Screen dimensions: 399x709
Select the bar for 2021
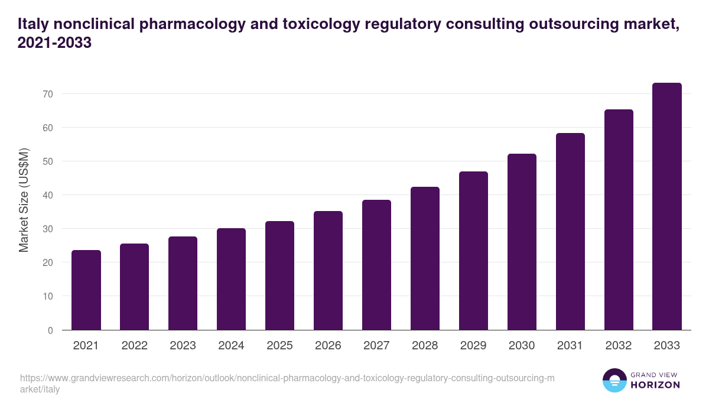click(86, 290)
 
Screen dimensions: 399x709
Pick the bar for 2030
click(522, 242)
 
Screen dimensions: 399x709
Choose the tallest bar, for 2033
click(667, 206)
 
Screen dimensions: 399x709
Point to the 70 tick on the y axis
click(48, 94)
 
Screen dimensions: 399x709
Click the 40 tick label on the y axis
click(48, 195)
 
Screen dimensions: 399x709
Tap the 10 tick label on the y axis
click(48, 296)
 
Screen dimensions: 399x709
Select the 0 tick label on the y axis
click(50, 330)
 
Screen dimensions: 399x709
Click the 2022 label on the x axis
click(135, 346)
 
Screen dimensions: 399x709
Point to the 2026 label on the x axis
click(328, 346)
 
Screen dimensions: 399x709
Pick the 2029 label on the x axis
click(473, 346)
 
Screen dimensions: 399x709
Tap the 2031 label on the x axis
click(570, 346)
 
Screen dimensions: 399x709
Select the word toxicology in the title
click(319, 24)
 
